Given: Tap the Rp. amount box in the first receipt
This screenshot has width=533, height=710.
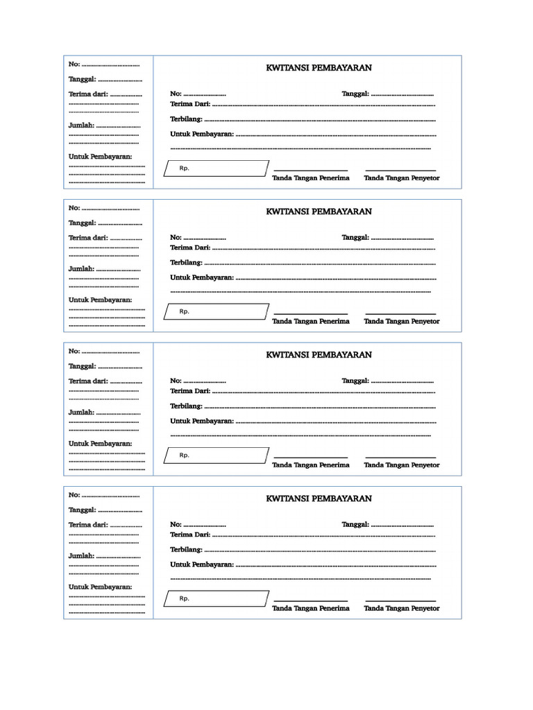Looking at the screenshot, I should pos(216,168).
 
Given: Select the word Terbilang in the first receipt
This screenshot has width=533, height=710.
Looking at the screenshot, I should pos(186,119).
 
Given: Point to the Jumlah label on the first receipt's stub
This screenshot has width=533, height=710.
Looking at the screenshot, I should pos(81,125).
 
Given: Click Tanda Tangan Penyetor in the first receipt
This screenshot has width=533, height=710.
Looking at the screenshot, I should pos(402,178).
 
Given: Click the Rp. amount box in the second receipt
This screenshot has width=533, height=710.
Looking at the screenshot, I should pos(216,312).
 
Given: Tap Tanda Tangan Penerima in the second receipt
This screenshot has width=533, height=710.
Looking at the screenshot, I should pos(310,321).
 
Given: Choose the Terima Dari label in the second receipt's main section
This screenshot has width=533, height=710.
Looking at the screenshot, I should pos(190,248).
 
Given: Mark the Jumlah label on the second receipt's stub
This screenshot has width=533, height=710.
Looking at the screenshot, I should pos(81,268).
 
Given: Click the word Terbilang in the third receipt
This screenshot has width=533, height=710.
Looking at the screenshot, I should pos(186,406).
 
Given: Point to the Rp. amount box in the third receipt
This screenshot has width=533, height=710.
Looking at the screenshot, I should pos(216,456).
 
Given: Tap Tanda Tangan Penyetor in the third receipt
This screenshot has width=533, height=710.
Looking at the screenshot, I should pos(402,465).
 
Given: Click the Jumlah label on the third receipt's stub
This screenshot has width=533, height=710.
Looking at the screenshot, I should pos(81,412).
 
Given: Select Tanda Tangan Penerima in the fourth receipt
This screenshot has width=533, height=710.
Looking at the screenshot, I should pos(310,608).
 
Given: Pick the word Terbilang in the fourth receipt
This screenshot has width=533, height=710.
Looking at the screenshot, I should pos(186,550).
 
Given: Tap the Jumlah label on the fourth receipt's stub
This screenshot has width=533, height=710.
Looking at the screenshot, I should pos(81,555).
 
